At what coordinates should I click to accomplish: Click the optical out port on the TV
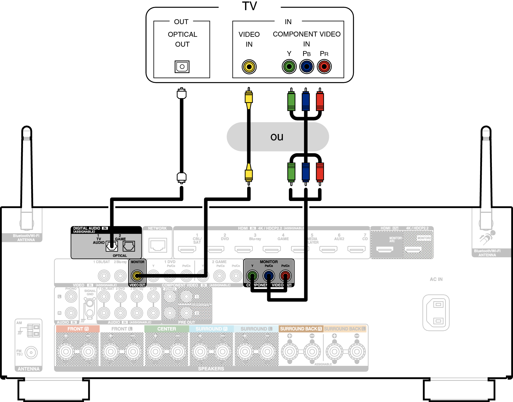coord(182,67)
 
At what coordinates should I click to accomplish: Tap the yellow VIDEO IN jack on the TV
coord(249,67)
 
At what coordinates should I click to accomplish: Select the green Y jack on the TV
coord(289,66)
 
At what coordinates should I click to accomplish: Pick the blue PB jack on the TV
coord(307,66)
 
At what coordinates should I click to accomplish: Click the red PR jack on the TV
coord(324,66)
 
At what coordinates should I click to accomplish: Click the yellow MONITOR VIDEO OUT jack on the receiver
coord(137,275)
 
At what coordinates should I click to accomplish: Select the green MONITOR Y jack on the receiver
coord(252,275)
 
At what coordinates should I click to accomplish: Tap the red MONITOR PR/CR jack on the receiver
coord(285,275)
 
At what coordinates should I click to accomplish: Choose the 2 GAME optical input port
coord(129,246)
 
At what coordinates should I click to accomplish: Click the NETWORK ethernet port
coord(158,245)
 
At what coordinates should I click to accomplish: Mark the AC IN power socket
coord(436,312)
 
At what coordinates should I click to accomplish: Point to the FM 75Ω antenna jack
coord(31,352)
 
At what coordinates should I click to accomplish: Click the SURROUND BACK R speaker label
coord(301,329)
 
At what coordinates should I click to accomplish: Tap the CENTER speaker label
coord(167,329)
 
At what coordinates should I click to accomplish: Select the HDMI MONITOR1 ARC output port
coord(385,250)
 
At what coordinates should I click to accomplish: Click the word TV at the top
coord(249,6)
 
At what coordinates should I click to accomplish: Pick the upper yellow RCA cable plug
coord(249,98)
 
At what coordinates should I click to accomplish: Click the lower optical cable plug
coord(182,177)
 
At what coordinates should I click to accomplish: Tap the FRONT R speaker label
coord(78,329)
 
